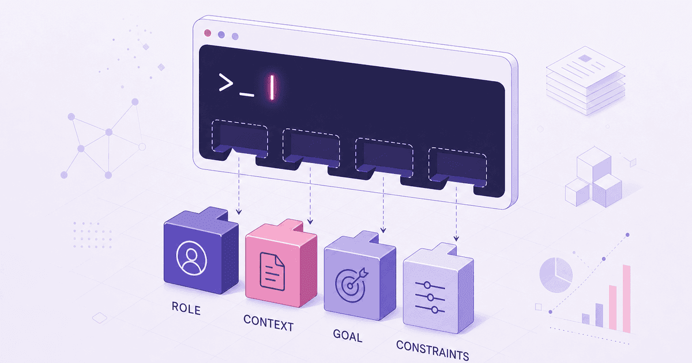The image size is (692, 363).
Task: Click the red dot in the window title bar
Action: pos(208,33)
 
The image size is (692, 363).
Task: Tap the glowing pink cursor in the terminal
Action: pos(272,88)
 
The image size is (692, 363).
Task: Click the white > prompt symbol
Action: pos(226,82)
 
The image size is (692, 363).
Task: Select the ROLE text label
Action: pos(186,308)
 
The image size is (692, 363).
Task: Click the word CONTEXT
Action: pos(269,323)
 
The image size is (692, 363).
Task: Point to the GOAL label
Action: pos(348,336)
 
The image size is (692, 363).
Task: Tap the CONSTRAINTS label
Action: pos(432,350)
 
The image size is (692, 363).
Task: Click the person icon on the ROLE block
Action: pos(191,258)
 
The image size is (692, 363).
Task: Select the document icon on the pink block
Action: pos(272,271)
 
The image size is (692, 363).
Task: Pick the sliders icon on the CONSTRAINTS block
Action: pos(430,297)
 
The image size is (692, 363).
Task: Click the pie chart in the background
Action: pos(556,275)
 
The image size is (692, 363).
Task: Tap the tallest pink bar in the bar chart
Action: pos(626,298)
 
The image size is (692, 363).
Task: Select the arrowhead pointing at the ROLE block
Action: pos(239,211)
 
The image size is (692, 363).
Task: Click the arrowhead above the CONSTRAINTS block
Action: pos(456,239)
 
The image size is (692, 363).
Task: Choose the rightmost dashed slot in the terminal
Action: pos(457,167)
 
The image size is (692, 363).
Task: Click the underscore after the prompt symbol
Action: pos(247,94)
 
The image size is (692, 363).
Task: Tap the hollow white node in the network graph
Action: pos(142,146)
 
